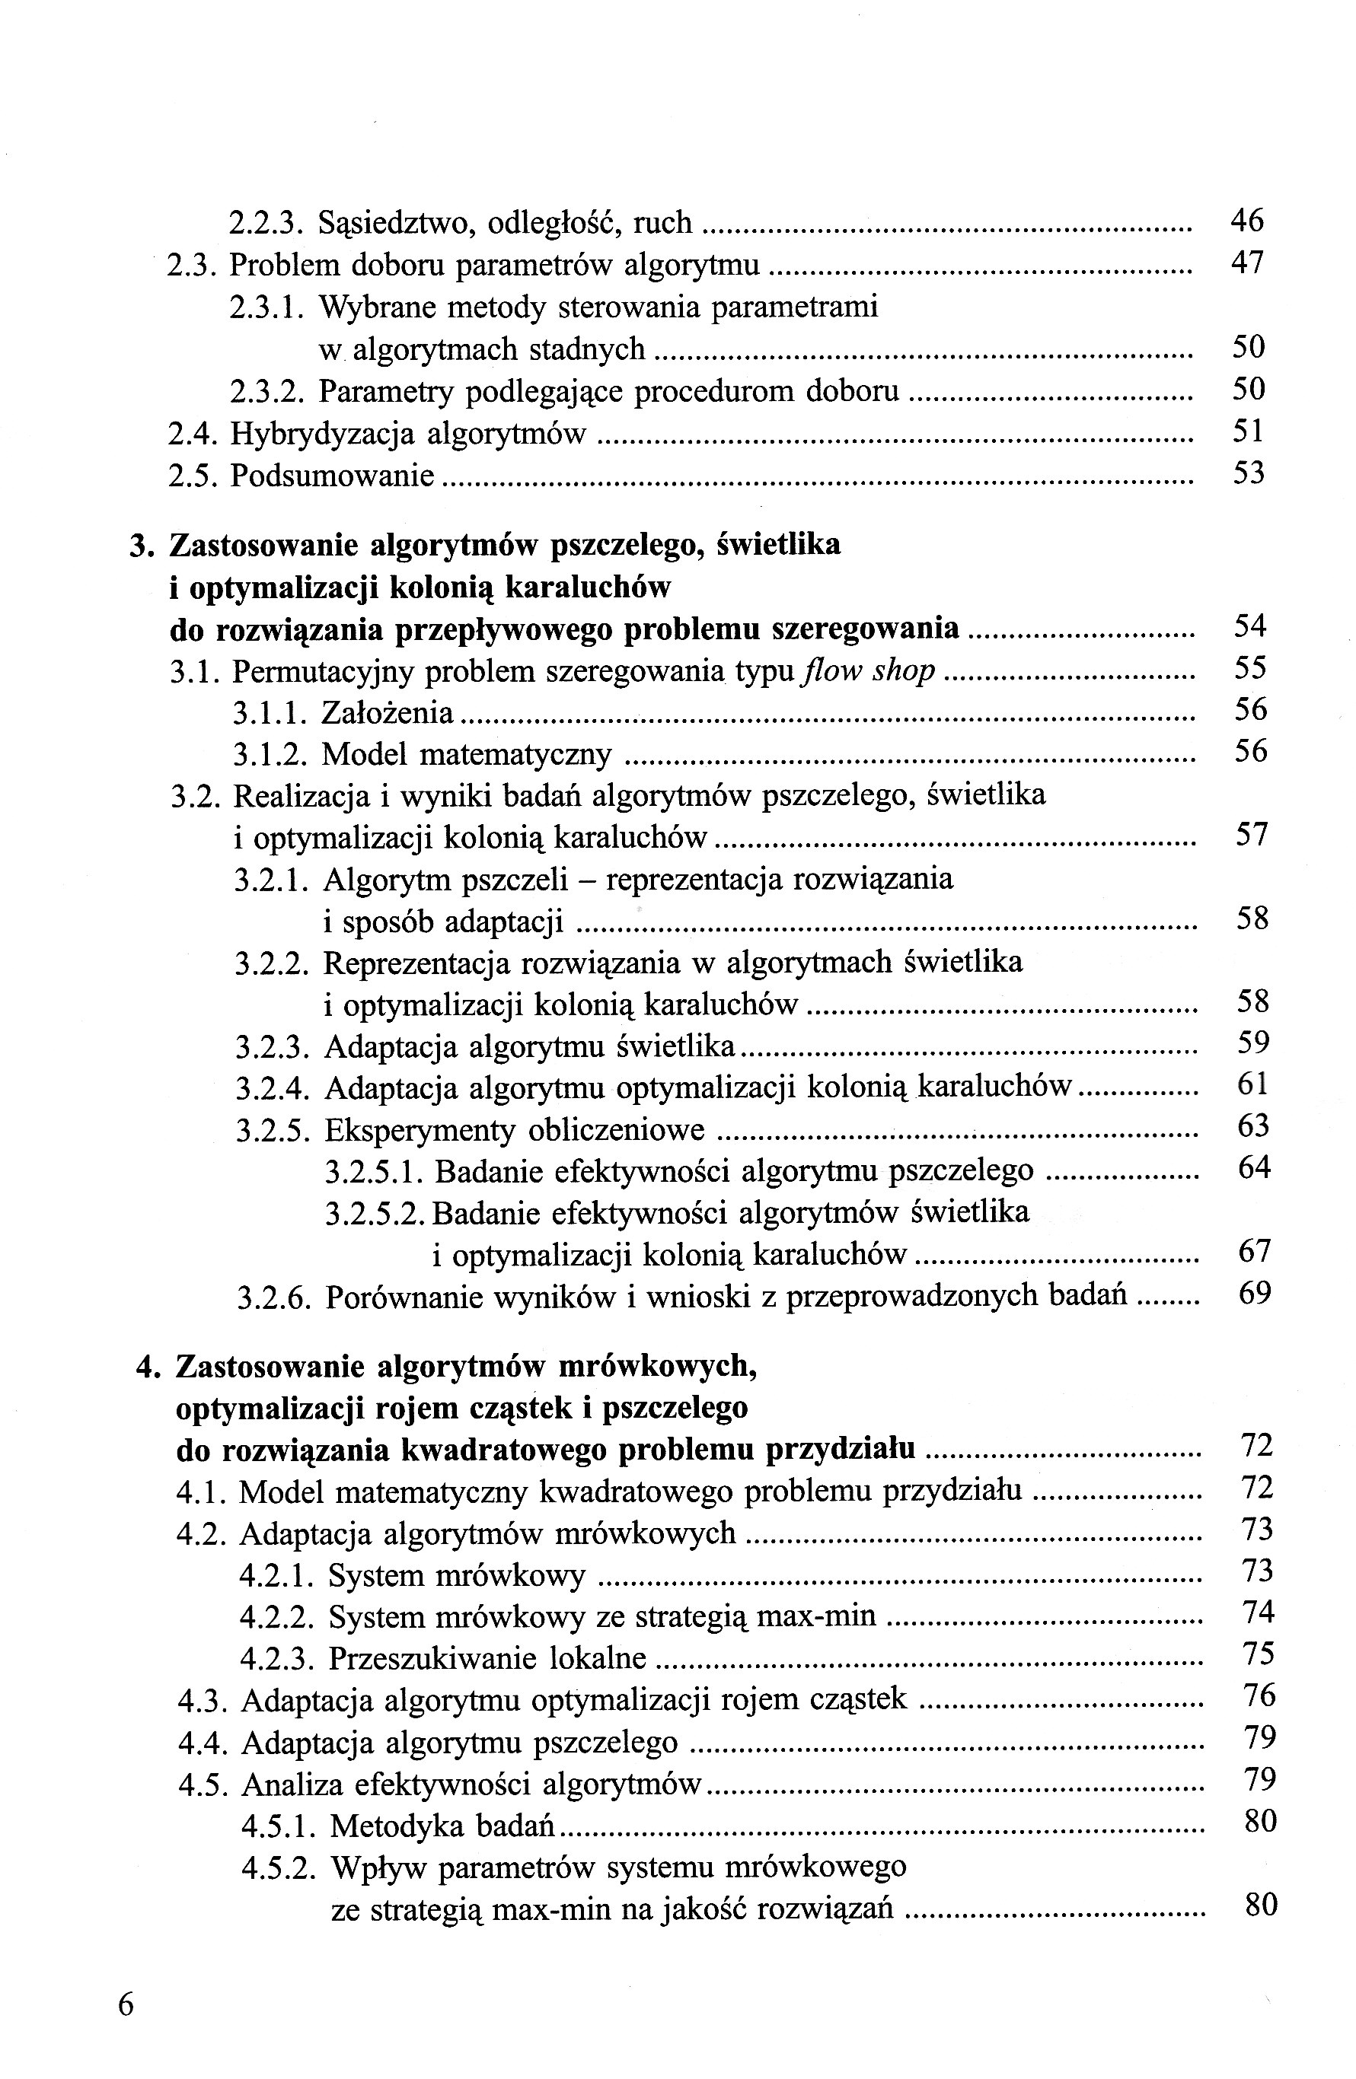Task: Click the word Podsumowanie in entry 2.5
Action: [x=332, y=476]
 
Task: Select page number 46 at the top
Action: [x=1247, y=220]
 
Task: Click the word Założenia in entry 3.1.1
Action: [x=387, y=713]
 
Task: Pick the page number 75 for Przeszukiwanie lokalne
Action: [x=1258, y=1654]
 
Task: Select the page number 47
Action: [x=1247, y=262]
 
